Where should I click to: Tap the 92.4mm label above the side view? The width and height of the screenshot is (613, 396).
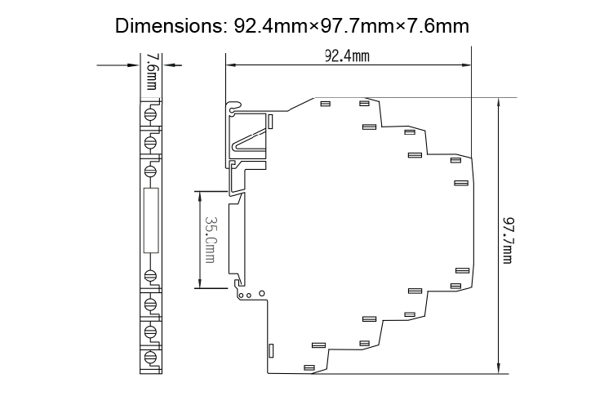(347, 56)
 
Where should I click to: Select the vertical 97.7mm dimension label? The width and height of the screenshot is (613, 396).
(509, 239)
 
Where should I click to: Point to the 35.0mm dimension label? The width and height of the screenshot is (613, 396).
(210, 239)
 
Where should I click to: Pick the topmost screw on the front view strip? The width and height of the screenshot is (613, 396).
(151, 112)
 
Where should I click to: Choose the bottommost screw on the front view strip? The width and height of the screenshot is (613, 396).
(151, 357)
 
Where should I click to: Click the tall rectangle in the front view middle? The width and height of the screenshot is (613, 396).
(151, 220)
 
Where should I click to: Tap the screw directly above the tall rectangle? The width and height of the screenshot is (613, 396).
(151, 171)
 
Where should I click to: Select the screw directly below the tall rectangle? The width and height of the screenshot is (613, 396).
(151, 274)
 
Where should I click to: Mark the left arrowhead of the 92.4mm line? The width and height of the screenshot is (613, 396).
(231, 65)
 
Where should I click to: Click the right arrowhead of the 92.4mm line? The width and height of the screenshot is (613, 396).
(468, 65)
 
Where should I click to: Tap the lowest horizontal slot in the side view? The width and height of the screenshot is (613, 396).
(309, 367)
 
